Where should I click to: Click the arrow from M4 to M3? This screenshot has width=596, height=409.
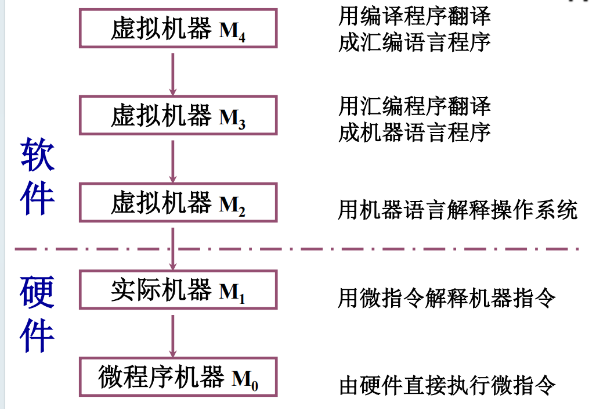tap(172, 72)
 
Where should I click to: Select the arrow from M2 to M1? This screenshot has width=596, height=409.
tap(172, 246)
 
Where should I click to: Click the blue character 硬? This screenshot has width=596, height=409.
tap(38, 292)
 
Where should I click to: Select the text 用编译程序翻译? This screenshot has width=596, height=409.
tap(414, 16)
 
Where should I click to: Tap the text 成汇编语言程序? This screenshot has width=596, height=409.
tap(414, 42)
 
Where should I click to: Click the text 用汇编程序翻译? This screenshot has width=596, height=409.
tap(414, 106)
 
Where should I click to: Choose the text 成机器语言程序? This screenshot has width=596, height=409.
tap(414, 132)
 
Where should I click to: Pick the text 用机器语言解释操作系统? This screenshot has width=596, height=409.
tap(457, 210)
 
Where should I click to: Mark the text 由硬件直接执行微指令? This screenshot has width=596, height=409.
tap(447, 385)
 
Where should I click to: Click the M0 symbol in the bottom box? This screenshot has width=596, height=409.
tap(244, 381)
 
